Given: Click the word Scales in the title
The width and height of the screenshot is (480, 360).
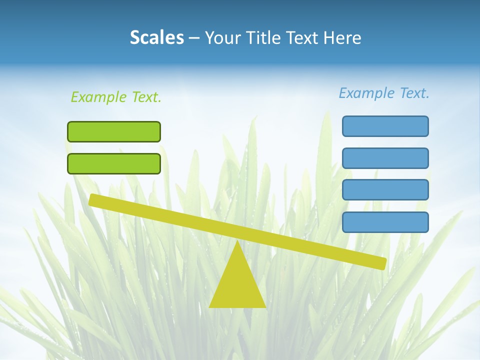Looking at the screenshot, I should coord(156,37).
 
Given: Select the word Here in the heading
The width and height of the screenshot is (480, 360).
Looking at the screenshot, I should coord(343,37).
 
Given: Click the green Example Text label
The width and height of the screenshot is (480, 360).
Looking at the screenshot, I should coord(116,97).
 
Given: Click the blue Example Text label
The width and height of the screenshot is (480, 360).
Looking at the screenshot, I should coord(384,93).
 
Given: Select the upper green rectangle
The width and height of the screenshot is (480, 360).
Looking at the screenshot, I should coord(114,131).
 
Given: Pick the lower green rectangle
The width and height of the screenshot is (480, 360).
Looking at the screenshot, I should coord(114,163).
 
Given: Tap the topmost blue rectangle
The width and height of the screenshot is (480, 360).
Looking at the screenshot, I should coord(385,126).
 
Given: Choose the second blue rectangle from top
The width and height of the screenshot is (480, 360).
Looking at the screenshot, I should coord(385,158).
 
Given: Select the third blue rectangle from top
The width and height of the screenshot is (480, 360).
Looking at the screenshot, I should coord(385,190).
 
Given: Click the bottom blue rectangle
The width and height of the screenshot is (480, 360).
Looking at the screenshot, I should coord(385,222).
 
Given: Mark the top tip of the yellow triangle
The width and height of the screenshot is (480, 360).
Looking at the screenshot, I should coord(237,243).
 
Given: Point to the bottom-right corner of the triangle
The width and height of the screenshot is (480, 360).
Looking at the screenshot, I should coord(264,306).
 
